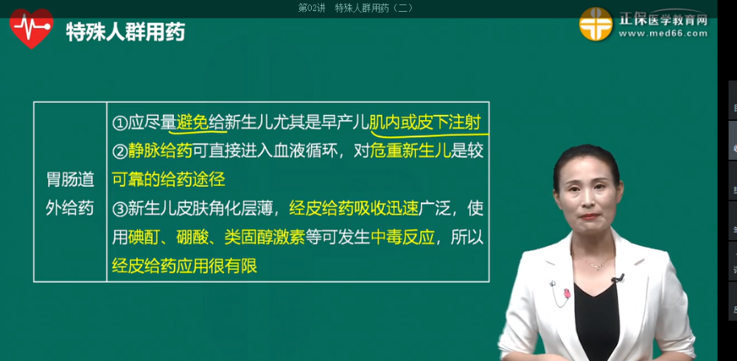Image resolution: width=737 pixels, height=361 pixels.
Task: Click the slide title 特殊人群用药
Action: tap(125, 32)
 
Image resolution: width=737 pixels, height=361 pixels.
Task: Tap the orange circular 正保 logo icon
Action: tap(595, 25)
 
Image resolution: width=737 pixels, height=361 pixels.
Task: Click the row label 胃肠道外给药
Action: tap(70, 193)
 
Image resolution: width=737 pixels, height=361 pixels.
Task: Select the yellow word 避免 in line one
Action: tap(192, 122)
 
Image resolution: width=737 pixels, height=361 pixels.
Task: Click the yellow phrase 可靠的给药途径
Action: tap(169, 179)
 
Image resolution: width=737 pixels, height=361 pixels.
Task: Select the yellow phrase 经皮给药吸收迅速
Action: tap(354, 208)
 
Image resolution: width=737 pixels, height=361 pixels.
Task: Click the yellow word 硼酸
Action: tap(192, 237)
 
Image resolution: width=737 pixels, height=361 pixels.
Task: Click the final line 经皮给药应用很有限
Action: tap(184, 265)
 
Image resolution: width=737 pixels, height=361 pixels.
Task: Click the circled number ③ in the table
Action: tap(120, 209)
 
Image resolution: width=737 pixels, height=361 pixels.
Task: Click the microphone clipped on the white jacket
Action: tap(618, 278)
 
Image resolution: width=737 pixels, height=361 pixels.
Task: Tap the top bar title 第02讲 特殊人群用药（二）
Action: tap(355, 7)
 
